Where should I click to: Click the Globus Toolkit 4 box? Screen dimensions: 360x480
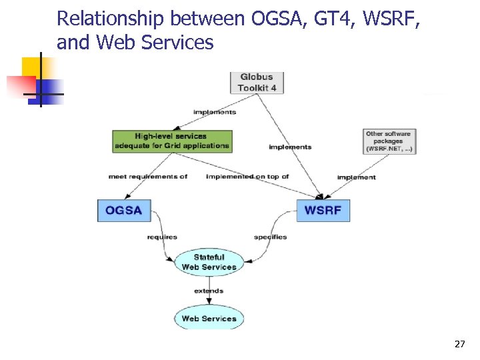click(x=257, y=83)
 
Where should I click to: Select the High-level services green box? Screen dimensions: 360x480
click(x=171, y=141)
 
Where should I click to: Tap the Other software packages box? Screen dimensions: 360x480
click(x=389, y=141)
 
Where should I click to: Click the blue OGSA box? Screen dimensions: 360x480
click(x=124, y=211)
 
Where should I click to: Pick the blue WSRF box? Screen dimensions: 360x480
click(x=323, y=211)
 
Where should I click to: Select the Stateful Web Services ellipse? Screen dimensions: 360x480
click(x=209, y=262)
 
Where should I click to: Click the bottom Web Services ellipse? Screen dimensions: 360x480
click(x=209, y=319)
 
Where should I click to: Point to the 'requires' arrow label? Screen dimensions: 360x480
click(x=162, y=237)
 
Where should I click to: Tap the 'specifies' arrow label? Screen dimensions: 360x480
click(x=270, y=237)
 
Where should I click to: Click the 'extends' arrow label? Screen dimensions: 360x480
click(x=209, y=291)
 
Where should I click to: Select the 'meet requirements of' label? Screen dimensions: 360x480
click(x=148, y=177)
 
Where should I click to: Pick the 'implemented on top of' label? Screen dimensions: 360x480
click(x=247, y=177)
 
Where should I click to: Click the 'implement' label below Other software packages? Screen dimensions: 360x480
click(x=357, y=177)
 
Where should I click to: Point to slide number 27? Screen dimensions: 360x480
click(x=459, y=344)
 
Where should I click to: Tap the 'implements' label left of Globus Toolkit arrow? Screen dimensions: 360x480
click(x=214, y=112)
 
